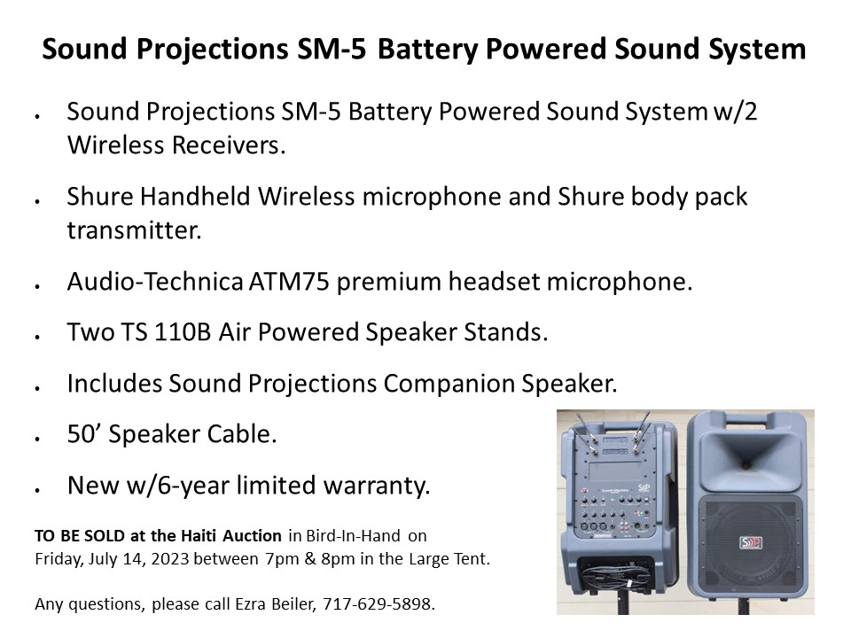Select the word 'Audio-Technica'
(x=154, y=282)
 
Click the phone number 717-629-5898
(x=379, y=603)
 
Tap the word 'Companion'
(x=449, y=384)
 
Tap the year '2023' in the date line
(x=170, y=559)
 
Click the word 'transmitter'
(x=134, y=230)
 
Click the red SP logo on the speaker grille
(x=751, y=542)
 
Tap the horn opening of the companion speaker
(x=746, y=456)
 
